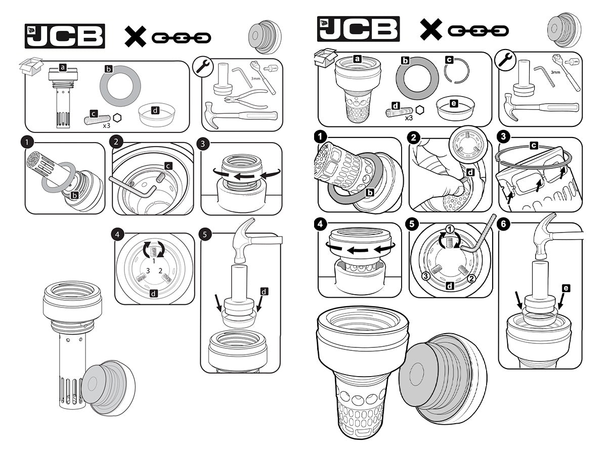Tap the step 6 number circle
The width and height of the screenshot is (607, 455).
pyautogui.click(x=503, y=224)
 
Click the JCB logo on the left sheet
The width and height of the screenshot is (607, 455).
pyautogui.click(x=65, y=36)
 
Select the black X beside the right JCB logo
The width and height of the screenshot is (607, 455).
pyautogui.click(x=431, y=29)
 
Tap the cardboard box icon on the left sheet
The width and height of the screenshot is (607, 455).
pyautogui.click(x=31, y=66)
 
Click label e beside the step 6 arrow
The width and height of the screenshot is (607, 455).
pyautogui.click(x=566, y=288)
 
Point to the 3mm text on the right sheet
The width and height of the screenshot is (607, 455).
pyautogui.click(x=555, y=72)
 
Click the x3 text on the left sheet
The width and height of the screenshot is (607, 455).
pyautogui.click(x=106, y=126)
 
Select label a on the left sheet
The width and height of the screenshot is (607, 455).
pyautogui.click(x=63, y=67)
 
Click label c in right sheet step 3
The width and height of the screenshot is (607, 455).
pyautogui.click(x=534, y=145)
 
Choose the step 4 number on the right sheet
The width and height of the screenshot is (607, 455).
pyautogui.click(x=320, y=224)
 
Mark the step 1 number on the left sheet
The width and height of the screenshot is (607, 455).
pyautogui.click(x=27, y=143)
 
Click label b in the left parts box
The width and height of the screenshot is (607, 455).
pyautogui.click(x=108, y=69)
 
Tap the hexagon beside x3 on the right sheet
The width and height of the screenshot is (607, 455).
pyautogui.click(x=420, y=110)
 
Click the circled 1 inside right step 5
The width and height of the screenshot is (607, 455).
pyautogui.click(x=450, y=229)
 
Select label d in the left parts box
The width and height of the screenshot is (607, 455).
pyautogui.click(x=155, y=111)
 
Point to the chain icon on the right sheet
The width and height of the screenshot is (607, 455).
pyautogui.click(x=478, y=31)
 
